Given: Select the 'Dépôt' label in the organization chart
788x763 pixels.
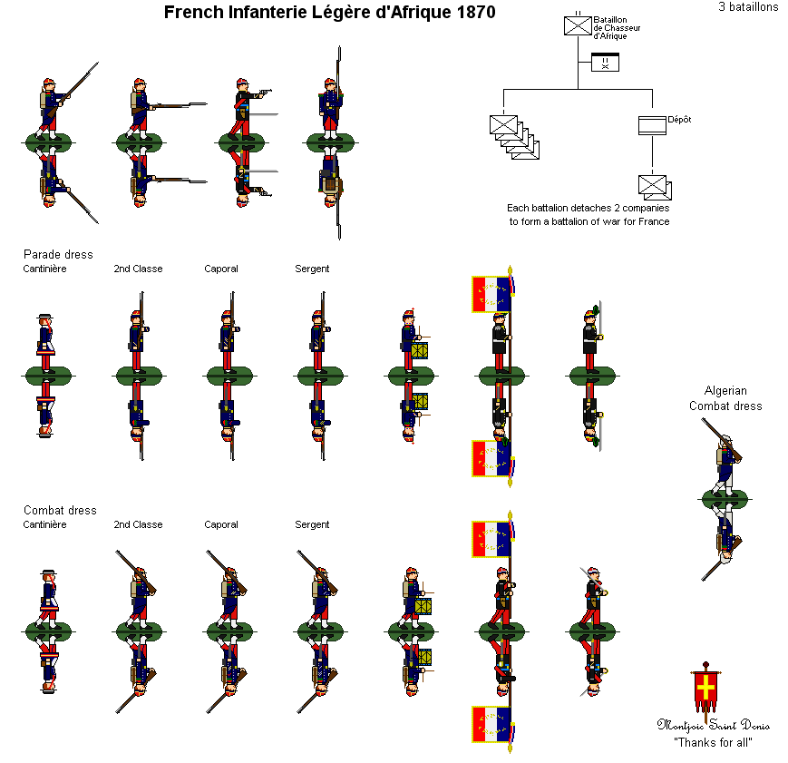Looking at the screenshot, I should (x=679, y=119).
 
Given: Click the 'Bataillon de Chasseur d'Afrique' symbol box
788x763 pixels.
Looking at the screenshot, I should (x=578, y=25).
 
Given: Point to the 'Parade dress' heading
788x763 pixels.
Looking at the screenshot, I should (x=58, y=254).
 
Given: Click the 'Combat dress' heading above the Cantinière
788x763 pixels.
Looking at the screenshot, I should (x=60, y=510).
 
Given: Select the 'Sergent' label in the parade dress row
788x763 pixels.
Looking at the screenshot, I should (x=312, y=269).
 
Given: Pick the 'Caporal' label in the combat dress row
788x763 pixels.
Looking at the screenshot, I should (x=221, y=524).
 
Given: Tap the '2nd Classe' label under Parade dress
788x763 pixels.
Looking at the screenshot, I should (x=138, y=269).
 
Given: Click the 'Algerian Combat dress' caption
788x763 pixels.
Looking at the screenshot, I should (x=725, y=398).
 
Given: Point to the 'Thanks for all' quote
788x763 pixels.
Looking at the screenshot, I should (x=714, y=742).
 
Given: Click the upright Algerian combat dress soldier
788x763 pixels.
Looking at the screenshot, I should (x=724, y=463).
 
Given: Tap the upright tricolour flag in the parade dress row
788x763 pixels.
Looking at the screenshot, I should (x=491, y=294).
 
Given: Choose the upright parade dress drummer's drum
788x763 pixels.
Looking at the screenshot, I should (x=418, y=349).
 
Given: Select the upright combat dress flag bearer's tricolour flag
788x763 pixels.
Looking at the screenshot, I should (x=491, y=539).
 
